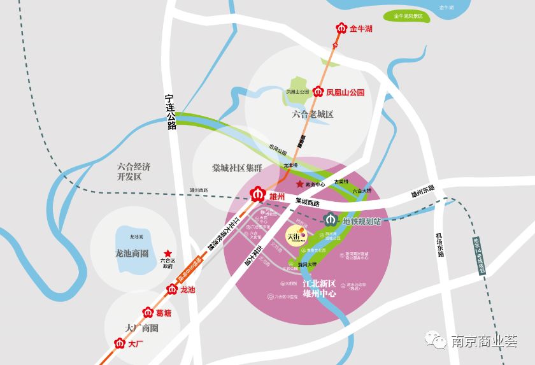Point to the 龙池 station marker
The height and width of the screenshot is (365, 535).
coord(171,290)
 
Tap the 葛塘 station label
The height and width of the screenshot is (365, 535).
coord(164,313)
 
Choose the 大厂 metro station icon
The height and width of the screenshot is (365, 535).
coord(118,343)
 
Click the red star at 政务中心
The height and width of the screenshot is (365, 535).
coord(300,184)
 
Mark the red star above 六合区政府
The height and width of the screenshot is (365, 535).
coord(168,253)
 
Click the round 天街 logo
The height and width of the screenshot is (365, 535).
coord(295,234)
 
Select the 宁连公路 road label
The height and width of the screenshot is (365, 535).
coord(170,111)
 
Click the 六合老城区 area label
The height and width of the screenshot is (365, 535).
coord(313,115)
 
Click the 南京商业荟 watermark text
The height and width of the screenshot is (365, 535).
coord(484,341)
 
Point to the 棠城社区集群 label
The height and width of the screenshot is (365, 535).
coord(237,168)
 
